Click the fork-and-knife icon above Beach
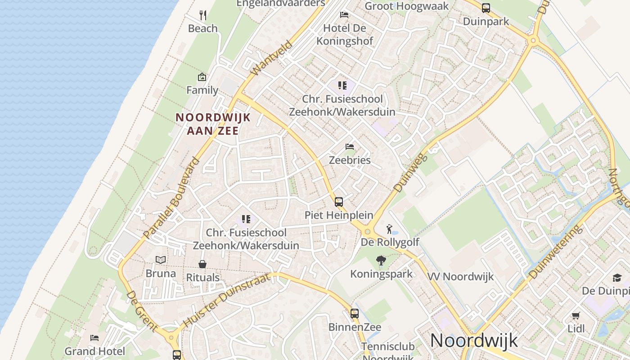coord(203,15)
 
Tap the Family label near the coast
coord(202,90)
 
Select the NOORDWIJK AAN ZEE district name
coord(212,124)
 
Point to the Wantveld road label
coord(271,59)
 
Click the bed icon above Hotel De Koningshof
coord(344,14)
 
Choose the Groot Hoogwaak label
coord(407,6)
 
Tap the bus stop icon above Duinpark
coord(486,8)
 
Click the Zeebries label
coord(350,160)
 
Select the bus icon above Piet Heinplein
coord(339,202)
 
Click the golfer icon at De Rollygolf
coord(390,229)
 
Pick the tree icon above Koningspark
coord(381,261)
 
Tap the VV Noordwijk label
coord(460,276)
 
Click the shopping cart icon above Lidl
coord(576,315)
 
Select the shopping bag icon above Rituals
coord(202,264)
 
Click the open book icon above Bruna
coord(161,260)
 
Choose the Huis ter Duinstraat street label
coord(227,300)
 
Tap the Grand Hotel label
coord(95,351)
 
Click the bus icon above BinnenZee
coord(355,313)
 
